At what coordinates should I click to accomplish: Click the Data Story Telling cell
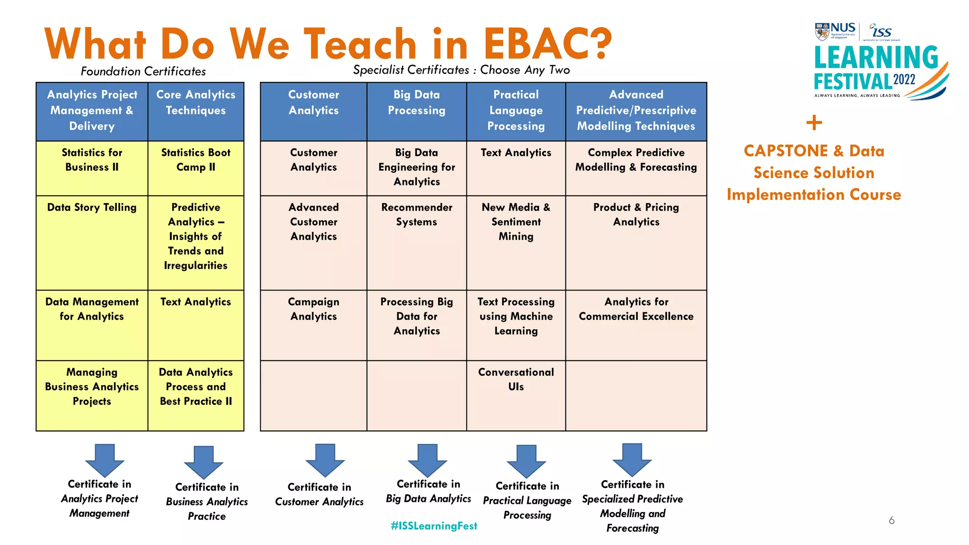[x=92, y=208]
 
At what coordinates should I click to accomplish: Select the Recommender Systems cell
[x=416, y=215]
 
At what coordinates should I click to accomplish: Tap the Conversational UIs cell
[x=516, y=379]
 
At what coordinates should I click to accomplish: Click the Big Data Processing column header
[x=416, y=103]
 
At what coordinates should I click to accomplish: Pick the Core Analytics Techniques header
[x=196, y=103]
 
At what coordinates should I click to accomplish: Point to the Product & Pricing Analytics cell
[x=636, y=215]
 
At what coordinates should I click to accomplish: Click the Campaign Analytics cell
[x=314, y=309]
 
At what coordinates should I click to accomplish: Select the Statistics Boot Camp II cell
[x=196, y=160]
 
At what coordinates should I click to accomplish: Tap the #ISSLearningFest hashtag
[x=434, y=526]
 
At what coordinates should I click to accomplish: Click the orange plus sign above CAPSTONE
[x=814, y=123]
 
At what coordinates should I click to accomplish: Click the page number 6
[x=891, y=520]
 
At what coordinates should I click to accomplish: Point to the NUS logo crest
[x=822, y=32]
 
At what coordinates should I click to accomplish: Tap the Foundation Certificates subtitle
[x=143, y=71]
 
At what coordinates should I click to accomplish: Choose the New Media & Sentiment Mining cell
[x=516, y=222]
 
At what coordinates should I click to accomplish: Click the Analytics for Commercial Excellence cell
[x=636, y=309]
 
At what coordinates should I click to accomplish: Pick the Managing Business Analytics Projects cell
[x=92, y=387]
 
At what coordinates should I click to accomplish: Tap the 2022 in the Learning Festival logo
[x=904, y=79]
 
